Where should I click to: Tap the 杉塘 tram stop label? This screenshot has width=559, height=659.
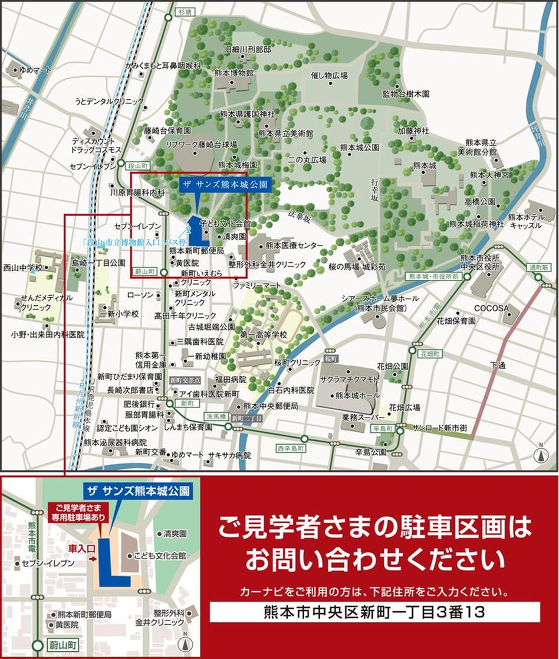[x=185, y=11]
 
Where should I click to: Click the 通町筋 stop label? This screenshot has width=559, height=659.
[x=539, y=267]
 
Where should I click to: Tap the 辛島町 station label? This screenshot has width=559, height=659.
[x=383, y=429]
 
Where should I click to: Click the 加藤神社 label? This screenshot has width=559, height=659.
[x=413, y=130]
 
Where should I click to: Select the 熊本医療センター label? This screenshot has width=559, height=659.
[x=294, y=245]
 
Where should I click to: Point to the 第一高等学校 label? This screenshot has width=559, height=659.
[x=262, y=335]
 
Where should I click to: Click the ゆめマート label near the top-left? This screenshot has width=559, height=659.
[x=35, y=70]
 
